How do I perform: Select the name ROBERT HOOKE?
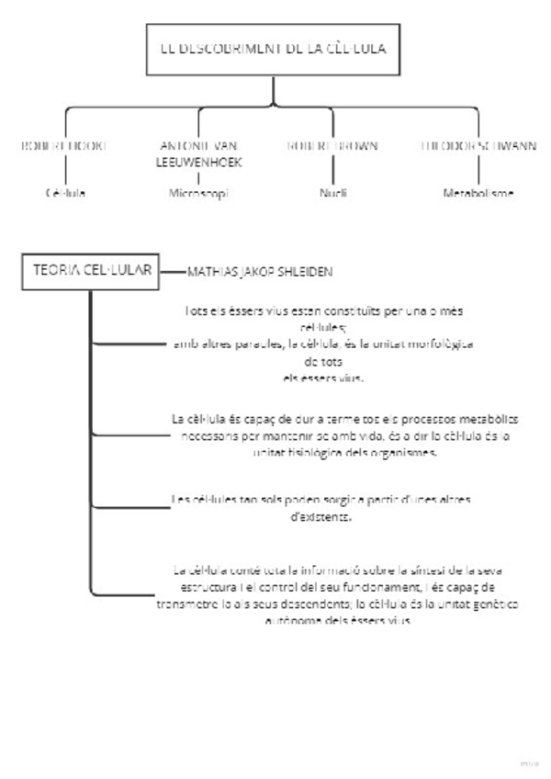[x=65, y=145]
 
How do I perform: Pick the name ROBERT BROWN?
[x=332, y=145]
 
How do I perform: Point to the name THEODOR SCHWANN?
[x=478, y=145]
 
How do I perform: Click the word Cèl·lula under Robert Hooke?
[x=65, y=194]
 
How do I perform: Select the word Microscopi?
[x=198, y=194]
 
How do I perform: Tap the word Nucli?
[x=332, y=194]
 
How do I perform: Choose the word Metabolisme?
[x=478, y=194]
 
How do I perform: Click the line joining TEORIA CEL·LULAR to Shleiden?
[x=171, y=272]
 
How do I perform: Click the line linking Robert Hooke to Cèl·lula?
[x=65, y=169]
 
